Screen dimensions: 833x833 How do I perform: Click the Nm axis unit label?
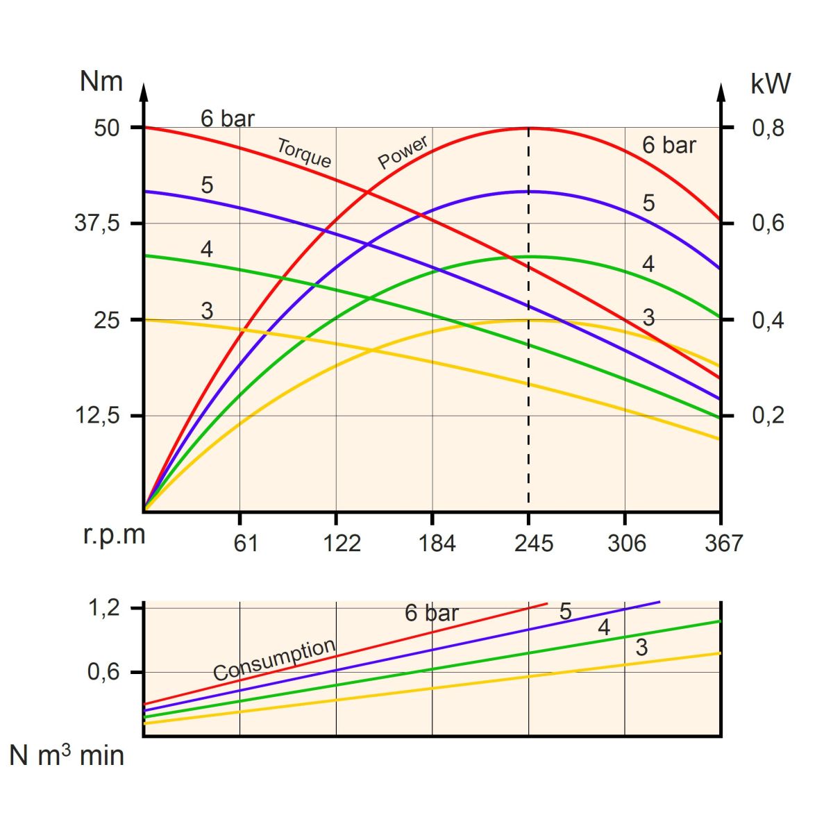[x=101, y=82]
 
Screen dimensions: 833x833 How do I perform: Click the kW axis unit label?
[x=771, y=84]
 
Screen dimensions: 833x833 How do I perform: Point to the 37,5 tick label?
[x=97, y=224]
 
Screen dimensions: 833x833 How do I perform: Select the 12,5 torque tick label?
[x=97, y=416]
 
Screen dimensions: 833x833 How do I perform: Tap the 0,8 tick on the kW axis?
[x=768, y=128]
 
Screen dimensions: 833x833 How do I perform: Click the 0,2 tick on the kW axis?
[x=768, y=415]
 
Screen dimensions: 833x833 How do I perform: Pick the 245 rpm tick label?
[x=534, y=543]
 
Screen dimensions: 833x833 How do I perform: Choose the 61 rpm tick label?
[x=245, y=543]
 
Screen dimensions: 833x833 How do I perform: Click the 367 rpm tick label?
[x=723, y=543]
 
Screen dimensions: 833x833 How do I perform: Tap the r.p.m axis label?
[x=115, y=535]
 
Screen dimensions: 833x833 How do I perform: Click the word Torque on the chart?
[x=304, y=153]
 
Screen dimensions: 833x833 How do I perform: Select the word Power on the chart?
[x=403, y=153]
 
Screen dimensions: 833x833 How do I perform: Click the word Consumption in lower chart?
[x=274, y=659]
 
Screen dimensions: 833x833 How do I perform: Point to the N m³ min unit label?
[x=67, y=755]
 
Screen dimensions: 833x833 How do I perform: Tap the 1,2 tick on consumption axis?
[x=104, y=608]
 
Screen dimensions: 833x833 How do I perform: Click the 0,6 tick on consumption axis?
[x=104, y=672]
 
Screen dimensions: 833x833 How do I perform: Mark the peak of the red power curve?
[x=529, y=128]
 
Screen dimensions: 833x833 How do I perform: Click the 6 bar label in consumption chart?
[x=432, y=613]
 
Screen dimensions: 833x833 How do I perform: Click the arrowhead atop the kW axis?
[x=721, y=92]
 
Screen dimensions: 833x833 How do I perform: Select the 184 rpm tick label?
[x=437, y=543]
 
